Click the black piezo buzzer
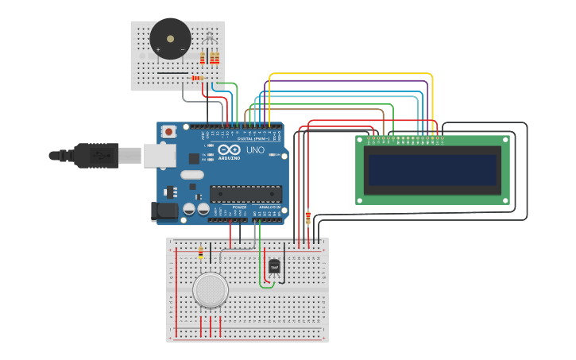coord(170,38)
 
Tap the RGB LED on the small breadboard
coord(210,37)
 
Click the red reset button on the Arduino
coord(168,131)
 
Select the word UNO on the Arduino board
coord(255,150)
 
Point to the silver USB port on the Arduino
coord(160,155)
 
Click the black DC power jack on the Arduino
coord(164,211)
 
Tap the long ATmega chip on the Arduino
coord(245,193)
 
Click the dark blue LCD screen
coord(432,169)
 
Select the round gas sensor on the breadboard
coord(211,289)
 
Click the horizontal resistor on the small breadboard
coord(196,78)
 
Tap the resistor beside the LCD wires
coord(308,217)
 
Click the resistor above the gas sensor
coord(200,253)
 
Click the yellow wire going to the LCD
coord(350,74)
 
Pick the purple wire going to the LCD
coord(350,81)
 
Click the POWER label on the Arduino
coord(239,207)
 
